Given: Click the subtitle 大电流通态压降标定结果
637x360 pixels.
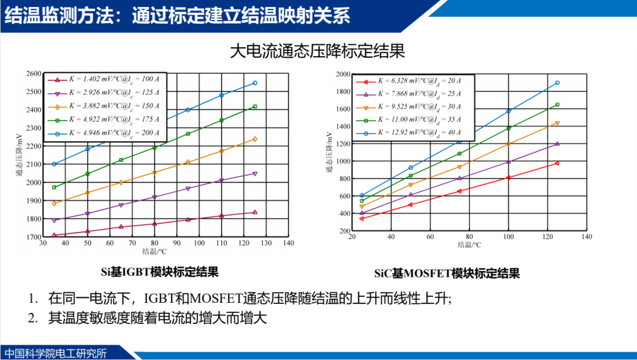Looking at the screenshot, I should pos(317,51).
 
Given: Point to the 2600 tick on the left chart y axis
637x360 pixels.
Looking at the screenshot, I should pos(35,74).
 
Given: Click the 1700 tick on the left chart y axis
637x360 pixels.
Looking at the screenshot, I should pos(35,237).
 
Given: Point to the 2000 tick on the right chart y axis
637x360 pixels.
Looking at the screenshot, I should pos(343,74).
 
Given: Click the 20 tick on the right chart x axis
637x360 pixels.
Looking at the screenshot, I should pos(352,237).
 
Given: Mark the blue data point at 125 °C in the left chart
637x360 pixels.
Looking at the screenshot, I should pos(255,83).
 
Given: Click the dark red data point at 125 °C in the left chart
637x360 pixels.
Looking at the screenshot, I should pos(255,212).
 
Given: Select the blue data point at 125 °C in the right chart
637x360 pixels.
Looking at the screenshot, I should pos(557,83).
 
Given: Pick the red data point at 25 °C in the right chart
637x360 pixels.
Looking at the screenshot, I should pos(362,218).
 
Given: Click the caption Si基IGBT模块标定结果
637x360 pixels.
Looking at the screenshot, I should pos(160,272).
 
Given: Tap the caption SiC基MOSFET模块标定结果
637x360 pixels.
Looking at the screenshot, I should pos(447,273).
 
